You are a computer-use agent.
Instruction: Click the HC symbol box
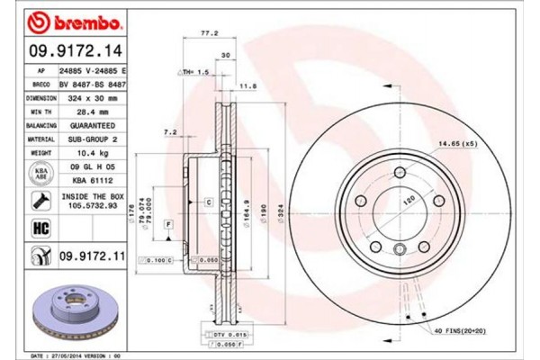(x=40, y=228)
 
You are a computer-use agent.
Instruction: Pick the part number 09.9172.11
(x=89, y=257)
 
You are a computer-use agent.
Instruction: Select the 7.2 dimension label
(x=170, y=132)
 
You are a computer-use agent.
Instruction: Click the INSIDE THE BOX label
(x=89, y=194)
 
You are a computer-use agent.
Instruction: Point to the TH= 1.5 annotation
(x=194, y=71)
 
